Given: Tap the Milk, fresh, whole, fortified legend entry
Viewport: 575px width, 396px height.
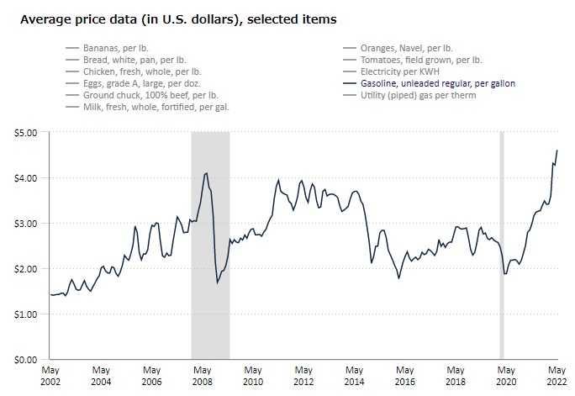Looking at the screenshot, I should pos(156,108).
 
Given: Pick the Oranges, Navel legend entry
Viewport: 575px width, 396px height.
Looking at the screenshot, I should pos(406,49).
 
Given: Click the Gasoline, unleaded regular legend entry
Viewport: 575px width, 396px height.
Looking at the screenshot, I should pos(437,84).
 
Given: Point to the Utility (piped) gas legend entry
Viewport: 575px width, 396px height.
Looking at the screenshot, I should pos(418,96).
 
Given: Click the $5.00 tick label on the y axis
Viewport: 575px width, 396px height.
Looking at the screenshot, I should pos(25,133).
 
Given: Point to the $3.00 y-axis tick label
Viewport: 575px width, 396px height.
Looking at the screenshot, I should pos(25,224).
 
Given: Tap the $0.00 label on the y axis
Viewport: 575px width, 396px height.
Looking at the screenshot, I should pos(25,359).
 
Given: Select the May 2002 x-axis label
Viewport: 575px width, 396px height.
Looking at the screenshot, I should pos(50,375).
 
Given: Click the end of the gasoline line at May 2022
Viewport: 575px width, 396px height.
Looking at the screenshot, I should pos(557,150).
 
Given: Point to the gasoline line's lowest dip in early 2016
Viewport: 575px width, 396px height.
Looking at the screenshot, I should pos(398,277).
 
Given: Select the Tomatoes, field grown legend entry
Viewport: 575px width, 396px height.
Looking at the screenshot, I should pos(421,61).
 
